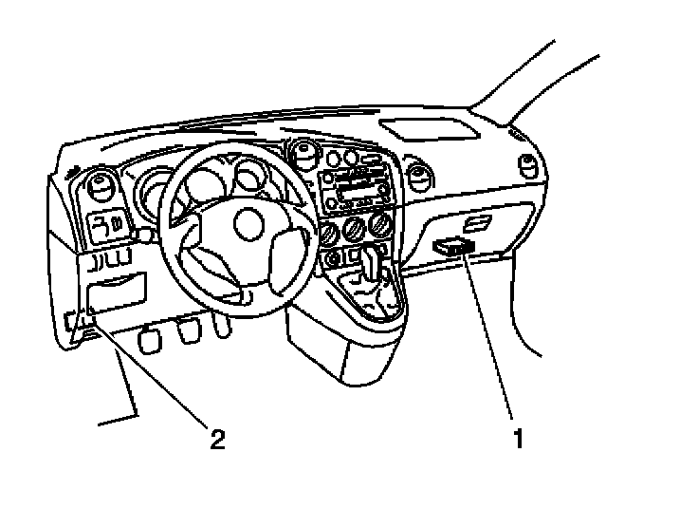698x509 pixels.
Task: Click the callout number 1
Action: click(517, 439)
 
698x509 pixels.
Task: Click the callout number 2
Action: click(218, 439)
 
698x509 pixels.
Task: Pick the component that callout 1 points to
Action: click(452, 246)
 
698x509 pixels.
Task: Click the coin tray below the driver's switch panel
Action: click(116, 289)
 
